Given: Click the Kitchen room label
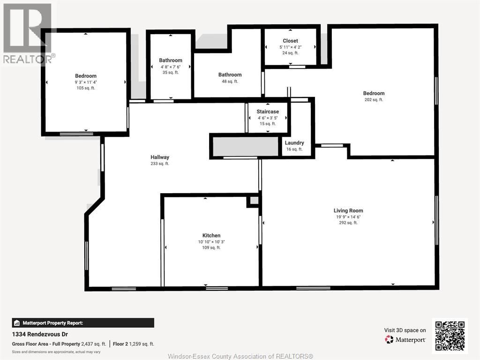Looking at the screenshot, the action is tap(211, 235).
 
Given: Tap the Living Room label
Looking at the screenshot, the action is tap(348, 210).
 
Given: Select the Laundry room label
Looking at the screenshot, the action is tap(294, 143).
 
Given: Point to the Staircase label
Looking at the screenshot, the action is tap(268, 112).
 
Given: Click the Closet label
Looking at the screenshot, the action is tap(290, 41).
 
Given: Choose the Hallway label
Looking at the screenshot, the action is tap(160, 157).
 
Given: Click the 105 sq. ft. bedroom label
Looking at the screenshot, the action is tap(86, 76).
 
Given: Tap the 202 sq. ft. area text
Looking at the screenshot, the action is tap(374, 100).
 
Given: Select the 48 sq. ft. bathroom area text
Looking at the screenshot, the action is tap(230, 82).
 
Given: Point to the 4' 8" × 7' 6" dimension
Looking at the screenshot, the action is tap(171, 67).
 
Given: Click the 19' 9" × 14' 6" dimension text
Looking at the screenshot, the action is tap(348, 217).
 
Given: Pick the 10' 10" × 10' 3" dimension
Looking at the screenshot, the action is tap(211, 242).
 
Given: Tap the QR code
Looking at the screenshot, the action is tap(450, 336).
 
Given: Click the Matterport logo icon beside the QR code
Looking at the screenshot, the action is tap(389, 339).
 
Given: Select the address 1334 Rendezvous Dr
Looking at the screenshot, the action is tap(40, 334).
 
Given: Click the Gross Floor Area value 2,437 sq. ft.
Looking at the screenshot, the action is tap(94, 344).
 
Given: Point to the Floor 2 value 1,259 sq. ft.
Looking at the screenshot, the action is tap(142, 344).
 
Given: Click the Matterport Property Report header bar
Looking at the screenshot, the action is tap(83, 323).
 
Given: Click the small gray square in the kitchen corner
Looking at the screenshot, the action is tap(254, 201).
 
